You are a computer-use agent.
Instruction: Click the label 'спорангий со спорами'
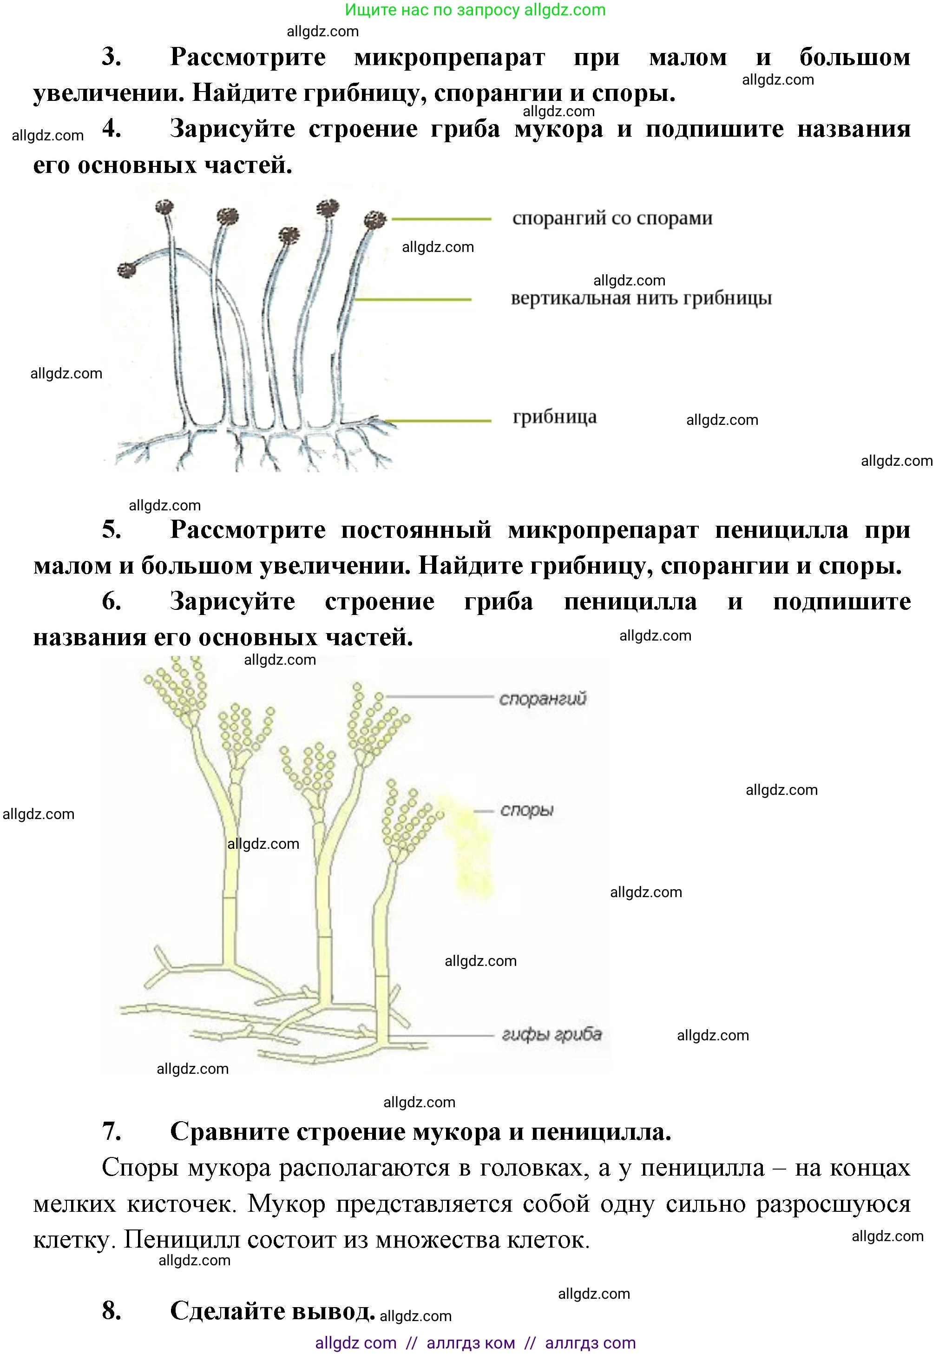[612, 218]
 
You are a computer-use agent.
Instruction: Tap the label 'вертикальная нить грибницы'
[641, 298]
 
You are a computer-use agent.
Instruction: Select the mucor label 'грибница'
[554, 417]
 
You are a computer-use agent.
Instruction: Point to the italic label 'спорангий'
[543, 699]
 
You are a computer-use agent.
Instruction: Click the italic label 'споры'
[527, 810]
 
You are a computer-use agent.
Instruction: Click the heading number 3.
[112, 57]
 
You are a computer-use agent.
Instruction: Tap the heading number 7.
[112, 1131]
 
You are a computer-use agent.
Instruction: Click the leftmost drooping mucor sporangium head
[127, 270]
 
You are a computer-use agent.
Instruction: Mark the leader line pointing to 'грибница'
[436, 421]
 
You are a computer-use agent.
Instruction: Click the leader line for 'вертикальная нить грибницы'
[413, 299]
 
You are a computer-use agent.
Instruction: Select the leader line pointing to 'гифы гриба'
[440, 1035]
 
